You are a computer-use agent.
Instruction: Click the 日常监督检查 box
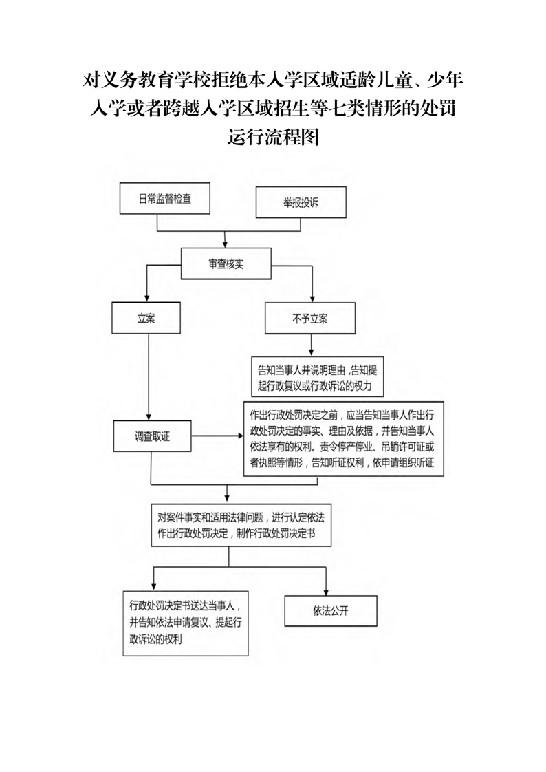(165, 198)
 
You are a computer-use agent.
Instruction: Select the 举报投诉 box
(301, 202)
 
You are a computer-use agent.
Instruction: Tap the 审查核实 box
(226, 264)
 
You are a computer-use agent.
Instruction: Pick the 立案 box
(146, 318)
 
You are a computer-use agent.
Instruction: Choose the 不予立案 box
(310, 319)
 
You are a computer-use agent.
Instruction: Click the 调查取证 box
(153, 436)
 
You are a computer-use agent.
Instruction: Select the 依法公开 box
(331, 611)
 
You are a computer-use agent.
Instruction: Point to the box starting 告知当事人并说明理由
(317, 378)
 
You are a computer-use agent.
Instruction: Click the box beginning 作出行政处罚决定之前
(344, 439)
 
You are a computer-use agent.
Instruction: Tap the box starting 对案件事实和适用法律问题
(241, 525)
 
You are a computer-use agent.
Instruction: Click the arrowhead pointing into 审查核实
(226, 245)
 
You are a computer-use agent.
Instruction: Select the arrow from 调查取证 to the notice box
(217, 436)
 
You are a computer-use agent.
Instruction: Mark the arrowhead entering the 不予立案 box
(312, 299)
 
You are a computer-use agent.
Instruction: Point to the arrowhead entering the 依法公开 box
(326, 592)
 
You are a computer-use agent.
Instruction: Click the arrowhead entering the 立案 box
(146, 299)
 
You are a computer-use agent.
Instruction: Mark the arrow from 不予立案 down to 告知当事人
(311, 345)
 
